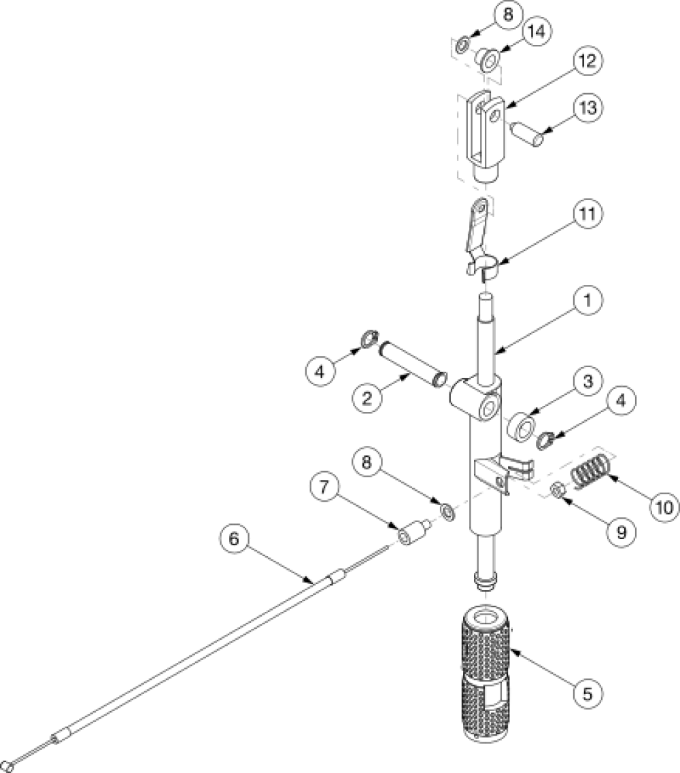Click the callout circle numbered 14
pos(537,31)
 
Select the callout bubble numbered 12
pos(588,61)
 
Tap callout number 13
pos(588,108)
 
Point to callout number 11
pos(588,214)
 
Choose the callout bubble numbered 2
pos(367,398)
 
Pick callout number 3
pos(588,381)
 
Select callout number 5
pos(588,693)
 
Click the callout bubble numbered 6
pos(234,539)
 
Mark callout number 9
pos(621,532)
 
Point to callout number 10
pos(664,506)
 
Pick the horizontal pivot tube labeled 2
pos(413,366)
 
